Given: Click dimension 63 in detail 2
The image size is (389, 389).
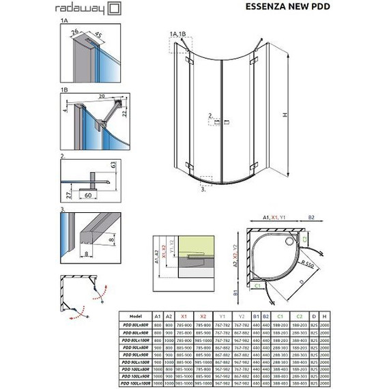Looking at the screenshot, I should (110, 167).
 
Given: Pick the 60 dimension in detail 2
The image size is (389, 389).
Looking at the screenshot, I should (89, 195).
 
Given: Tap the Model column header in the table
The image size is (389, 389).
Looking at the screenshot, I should (135, 317).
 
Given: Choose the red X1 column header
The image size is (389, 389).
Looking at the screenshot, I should (183, 317).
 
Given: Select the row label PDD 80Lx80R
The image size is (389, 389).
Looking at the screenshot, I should (135, 325).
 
